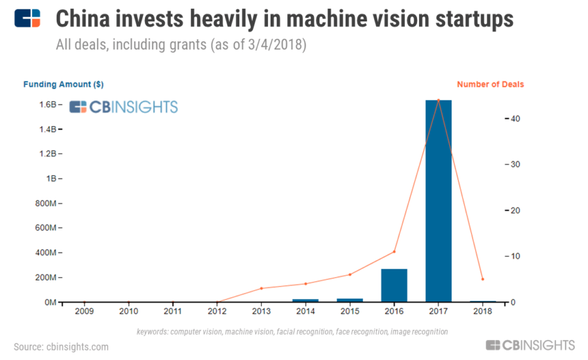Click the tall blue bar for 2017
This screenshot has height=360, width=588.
[x=438, y=200]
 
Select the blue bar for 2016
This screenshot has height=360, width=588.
[x=394, y=285]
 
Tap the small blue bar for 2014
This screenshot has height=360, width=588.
[x=305, y=300]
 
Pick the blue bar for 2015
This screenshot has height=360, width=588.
[x=349, y=300]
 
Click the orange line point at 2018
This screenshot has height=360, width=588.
[x=482, y=279]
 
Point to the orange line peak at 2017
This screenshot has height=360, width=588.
[x=438, y=100]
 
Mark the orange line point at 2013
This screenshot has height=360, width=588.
[x=261, y=288]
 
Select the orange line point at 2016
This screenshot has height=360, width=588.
[x=394, y=251]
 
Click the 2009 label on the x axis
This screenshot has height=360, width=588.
[x=84, y=311]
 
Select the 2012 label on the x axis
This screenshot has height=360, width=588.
[x=217, y=311]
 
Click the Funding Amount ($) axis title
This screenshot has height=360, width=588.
[x=63, y=84]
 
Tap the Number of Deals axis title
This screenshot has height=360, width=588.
[x=490, y=84]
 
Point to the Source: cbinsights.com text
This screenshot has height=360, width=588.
[x=61, y=347]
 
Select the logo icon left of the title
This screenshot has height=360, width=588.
[x=27, y=19]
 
